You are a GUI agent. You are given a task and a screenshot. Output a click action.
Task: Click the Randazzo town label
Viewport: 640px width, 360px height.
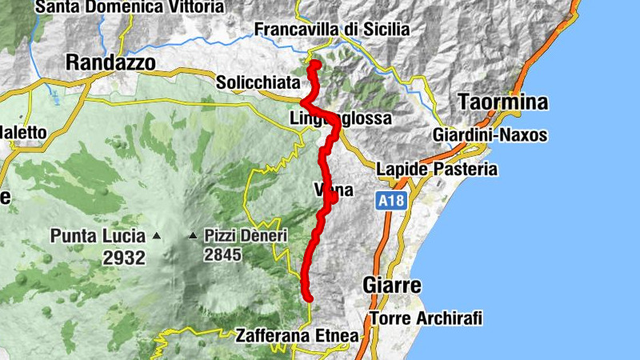110,62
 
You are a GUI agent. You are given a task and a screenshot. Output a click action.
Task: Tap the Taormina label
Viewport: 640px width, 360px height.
503,102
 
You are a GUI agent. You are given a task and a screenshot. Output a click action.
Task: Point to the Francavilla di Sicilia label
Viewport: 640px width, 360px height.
332,30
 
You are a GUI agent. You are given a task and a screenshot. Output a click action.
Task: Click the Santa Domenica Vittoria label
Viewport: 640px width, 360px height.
130,7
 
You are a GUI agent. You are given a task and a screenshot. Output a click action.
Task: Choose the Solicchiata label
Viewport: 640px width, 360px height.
258,82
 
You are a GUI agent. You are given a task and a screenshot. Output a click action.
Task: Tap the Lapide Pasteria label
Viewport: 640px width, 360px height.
437,170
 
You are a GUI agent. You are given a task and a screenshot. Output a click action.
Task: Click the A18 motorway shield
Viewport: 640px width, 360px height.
390,202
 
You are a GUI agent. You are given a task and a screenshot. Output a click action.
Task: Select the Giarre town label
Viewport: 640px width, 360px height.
392,285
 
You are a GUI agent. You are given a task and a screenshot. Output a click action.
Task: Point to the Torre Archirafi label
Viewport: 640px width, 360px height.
426,318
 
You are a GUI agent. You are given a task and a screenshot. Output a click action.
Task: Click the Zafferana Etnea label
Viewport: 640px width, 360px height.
297,336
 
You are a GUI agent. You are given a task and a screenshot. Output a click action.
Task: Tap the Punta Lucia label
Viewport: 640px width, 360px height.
98,236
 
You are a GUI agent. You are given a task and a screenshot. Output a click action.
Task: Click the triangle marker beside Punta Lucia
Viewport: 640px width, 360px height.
157,236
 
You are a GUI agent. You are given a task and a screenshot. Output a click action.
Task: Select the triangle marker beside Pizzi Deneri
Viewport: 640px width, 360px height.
193,236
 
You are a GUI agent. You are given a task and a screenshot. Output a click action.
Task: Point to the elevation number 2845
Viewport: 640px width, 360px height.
222,255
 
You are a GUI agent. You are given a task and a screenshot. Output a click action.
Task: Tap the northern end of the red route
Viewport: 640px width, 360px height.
314,64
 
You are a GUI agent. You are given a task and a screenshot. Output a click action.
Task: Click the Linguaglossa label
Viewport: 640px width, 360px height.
341,119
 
